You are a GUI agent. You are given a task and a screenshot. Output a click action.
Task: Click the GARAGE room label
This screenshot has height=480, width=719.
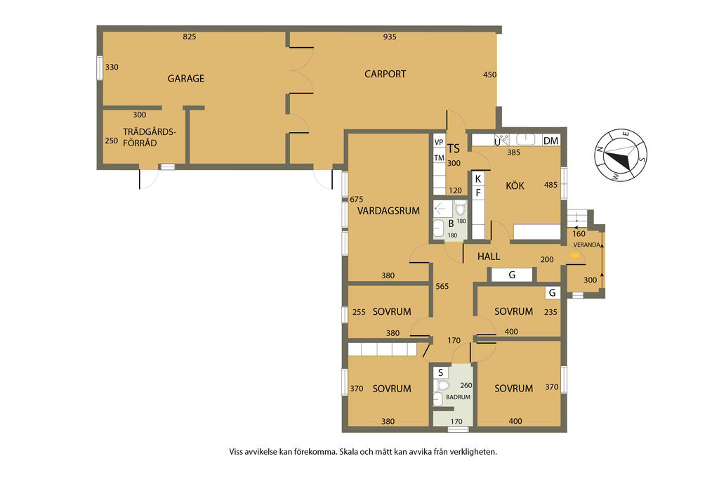(185, 79)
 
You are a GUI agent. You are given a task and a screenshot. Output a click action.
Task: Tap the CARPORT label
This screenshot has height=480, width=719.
(385, 74)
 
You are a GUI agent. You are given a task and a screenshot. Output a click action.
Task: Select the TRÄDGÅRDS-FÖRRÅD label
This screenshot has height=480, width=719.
(149, 137)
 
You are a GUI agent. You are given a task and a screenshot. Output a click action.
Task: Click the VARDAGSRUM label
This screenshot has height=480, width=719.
(388, 211)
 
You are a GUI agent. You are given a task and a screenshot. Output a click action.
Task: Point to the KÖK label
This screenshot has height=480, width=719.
(515, 186)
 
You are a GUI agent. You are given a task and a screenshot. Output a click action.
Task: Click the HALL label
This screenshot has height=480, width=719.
(489, 257)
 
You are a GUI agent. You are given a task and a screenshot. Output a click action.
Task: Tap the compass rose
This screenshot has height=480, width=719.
(621, 155)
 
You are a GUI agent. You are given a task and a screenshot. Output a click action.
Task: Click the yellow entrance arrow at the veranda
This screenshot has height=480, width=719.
(574, 256)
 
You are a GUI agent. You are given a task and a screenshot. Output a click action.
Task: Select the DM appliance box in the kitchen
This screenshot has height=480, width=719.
(550, 141)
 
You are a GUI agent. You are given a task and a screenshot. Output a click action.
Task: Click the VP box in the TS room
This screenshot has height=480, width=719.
(439, 142)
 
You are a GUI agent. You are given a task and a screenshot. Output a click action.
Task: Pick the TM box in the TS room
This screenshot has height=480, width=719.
(440, 158)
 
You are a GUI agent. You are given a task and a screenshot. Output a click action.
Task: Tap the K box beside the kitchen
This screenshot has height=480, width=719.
(477, 179)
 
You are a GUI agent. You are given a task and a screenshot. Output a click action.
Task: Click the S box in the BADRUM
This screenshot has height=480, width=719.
(441, 372)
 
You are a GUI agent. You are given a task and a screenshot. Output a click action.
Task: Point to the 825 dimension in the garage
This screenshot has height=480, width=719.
(190, 37)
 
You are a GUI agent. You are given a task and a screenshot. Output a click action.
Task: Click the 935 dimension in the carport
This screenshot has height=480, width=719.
(390, 37)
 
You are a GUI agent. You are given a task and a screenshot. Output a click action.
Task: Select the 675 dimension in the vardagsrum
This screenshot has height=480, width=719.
(356, 199)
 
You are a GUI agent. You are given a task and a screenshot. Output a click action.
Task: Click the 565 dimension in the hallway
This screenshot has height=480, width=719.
(442, 286)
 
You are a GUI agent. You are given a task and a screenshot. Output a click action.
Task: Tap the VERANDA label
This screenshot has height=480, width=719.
(586, 245)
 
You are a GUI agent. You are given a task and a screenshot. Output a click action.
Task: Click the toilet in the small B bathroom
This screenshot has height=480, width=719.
(461, 209)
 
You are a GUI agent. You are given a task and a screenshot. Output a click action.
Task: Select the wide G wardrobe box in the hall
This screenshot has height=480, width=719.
(512, 274)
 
